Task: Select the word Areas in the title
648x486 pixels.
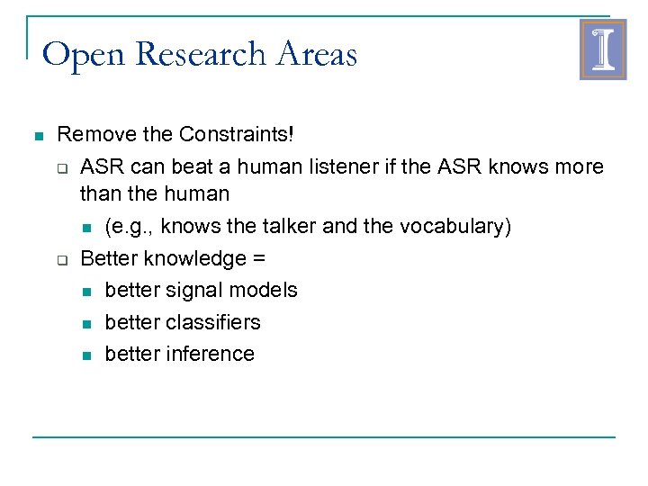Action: coord(318,56)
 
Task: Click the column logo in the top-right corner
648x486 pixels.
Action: coord(602,50)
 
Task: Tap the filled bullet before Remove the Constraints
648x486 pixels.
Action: coord(37,137)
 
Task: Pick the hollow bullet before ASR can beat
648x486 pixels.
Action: coord(63,168)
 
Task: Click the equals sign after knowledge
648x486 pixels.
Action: coord(259,259)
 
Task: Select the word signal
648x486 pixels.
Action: coord(185,290)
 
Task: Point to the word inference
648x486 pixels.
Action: coord(211,354)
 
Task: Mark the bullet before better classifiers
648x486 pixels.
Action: coord(86,323)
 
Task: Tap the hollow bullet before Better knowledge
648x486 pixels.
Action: coord(63,260)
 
